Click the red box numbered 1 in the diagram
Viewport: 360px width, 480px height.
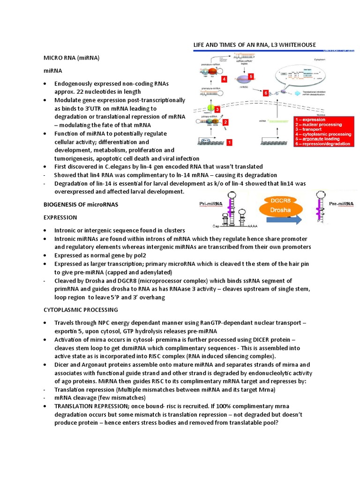[x=229, y=141]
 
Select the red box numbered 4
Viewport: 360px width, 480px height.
[x=225, y=79]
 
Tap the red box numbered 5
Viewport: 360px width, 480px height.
[x=251, y=76]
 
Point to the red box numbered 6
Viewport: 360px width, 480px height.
[x=265, y=93]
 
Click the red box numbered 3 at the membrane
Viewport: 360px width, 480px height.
[x=217, y=109]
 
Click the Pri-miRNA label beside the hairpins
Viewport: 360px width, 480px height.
[x=210, y=204]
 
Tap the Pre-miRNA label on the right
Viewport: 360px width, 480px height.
[x=341, y=204]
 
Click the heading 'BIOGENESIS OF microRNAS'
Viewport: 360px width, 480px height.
[x=81, y=204]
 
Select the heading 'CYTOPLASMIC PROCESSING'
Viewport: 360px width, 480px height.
[x=80, y=310]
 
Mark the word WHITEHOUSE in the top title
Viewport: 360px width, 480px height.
[x=293, y=45]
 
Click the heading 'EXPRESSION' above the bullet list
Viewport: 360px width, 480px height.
[x=60, y=217]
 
